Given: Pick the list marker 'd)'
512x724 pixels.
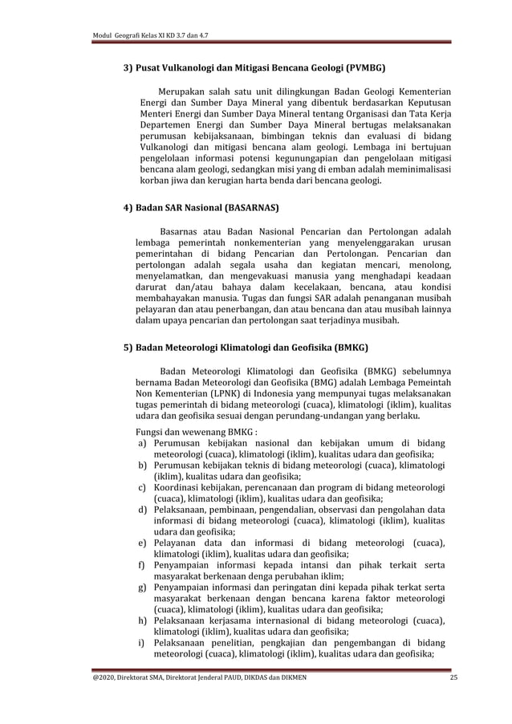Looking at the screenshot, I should pos(142,509).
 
